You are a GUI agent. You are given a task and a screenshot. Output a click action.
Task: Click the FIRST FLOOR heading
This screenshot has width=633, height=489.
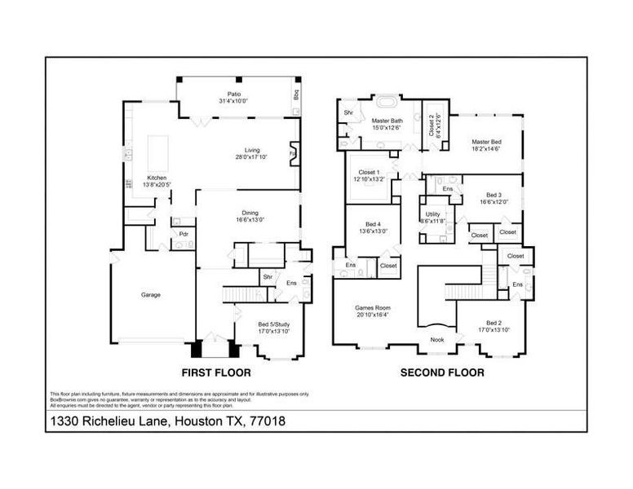(215, 372)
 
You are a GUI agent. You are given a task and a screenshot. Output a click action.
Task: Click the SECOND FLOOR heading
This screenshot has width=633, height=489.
(441, 372)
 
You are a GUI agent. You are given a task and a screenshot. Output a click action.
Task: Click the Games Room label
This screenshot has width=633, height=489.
(372, 312)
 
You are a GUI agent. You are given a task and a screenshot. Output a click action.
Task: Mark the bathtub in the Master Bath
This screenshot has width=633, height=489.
(385, 103)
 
